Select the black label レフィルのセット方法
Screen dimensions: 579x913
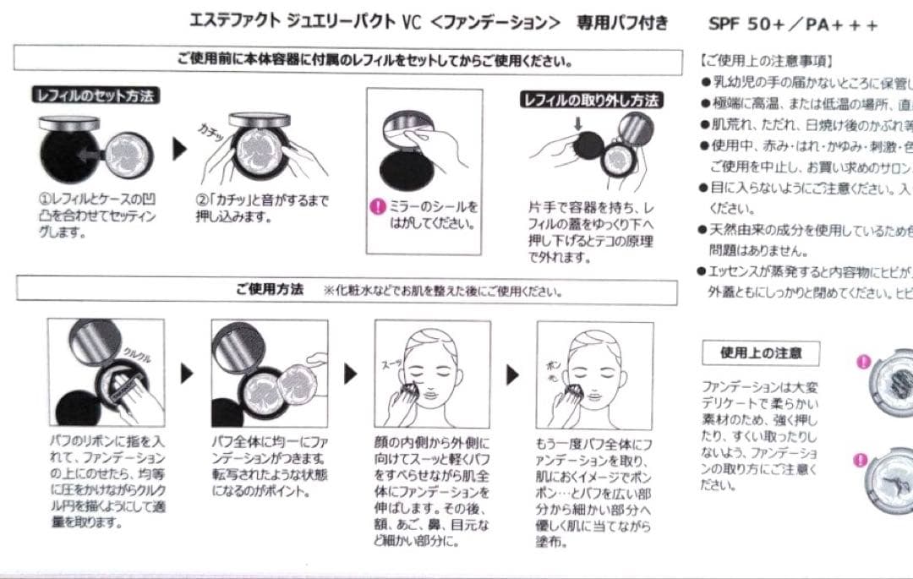pos(95,96)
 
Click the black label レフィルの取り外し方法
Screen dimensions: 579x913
pos(591,101)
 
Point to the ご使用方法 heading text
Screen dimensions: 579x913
pos(270,290)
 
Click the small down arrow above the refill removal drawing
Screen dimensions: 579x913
pos(577,125)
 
